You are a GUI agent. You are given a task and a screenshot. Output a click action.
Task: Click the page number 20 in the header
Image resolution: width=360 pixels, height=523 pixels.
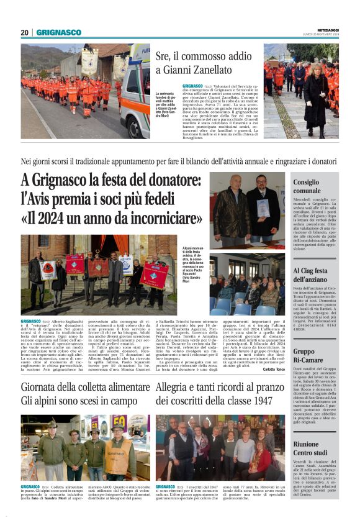point(25,32)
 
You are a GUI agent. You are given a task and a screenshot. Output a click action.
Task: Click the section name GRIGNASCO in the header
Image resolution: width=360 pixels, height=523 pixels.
point(58,32)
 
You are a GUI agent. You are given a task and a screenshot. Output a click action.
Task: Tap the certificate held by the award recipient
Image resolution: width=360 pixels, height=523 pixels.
point(263,207)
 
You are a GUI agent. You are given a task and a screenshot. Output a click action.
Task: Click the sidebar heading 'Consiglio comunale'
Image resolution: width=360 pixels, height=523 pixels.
point(307,186)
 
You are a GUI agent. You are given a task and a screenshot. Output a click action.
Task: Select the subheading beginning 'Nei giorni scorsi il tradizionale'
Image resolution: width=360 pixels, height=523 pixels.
point(180,161)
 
